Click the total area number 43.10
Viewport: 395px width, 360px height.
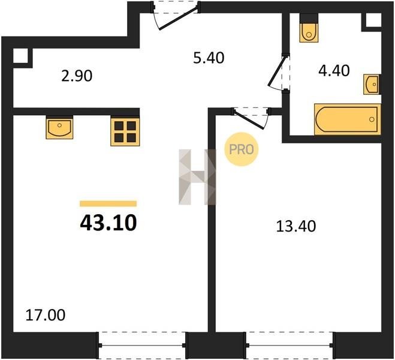pyautogui.click(x=108, y=223)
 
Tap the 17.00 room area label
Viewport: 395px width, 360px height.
pyautogui.click(x=46, y=315)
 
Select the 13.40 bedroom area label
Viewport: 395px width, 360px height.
pyautogui.click(x=296, y=226)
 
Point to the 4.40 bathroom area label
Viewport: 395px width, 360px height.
pyautogui.click(x=334, y=71)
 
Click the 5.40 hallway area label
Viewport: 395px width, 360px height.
pyautogui.click(x=209, y=58)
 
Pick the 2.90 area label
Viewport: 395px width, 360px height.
pyautogui.click(x=77, y=76)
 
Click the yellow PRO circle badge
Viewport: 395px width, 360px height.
pyautogui.click(x=242, y=149)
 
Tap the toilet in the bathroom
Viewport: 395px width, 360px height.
pyautogui.click(x=309, y=28)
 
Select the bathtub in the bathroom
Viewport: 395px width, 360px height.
pyautogui.click(x=348, y=119)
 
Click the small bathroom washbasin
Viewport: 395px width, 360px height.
pyautogui.click(x=372, y=85)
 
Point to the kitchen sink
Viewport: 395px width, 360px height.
pyautogui.click(x=59, y=127)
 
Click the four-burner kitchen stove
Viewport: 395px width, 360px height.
pyautogui.click(x=125, y=131)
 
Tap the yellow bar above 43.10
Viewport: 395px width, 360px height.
pyautogui.click(x=108, y=203)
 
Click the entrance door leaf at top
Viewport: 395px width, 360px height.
pyautogui.click(x=178, y=19)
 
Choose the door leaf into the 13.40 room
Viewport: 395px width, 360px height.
pyautogui.click(x=249, y=119)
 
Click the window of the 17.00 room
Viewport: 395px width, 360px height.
pyautogui.click(x=142, y=346)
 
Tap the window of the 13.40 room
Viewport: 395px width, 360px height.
pyautogui.click(x=290, y=346)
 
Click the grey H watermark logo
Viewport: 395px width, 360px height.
pyautogui.click(x=198, y=177)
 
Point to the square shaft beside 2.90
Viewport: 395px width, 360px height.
pyautogui.click(x=20, y=56)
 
